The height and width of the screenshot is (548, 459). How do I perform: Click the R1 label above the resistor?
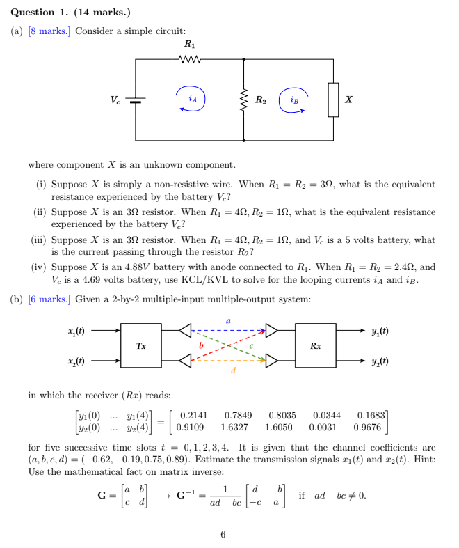point(188,45)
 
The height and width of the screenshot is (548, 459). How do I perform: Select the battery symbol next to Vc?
point(136,100)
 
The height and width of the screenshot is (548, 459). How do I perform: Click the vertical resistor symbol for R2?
point(244,100)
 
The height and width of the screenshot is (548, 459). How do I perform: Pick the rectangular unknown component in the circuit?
point(333,100)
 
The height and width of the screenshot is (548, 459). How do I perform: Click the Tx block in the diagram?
point(141,345)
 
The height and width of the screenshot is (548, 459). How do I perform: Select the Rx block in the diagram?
point(315,345)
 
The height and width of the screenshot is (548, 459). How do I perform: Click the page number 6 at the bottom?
point(223,535)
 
